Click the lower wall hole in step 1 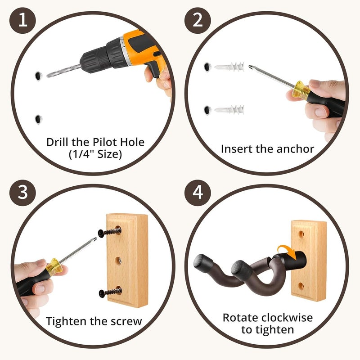point(38,119)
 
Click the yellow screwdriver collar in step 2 point(300,90)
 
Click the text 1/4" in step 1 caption point(81,154)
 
